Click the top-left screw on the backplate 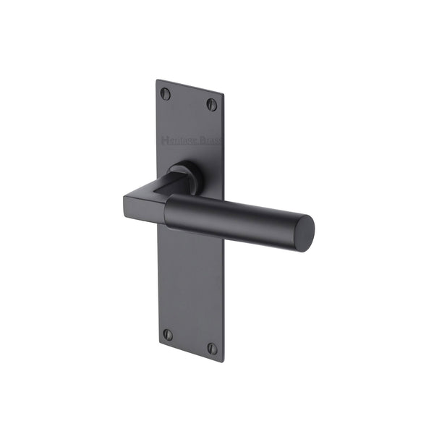coord(166,93)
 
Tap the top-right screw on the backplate coord(212,104)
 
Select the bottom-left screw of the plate coord(168,335)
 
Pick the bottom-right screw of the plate coord(213,348)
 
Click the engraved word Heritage coord(178,137)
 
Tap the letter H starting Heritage coord(165,137)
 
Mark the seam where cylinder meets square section coord(167,211)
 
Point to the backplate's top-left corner coord(158,80)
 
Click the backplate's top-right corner coord(223,94)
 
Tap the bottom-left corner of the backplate coord(159,344)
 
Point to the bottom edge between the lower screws coord(190,352)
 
